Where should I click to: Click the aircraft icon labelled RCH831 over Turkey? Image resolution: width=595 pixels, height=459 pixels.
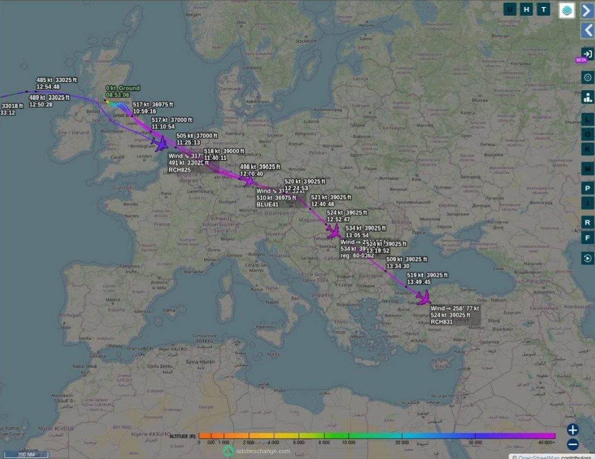[423, 297]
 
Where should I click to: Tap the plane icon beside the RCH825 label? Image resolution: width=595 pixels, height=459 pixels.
[160, 144]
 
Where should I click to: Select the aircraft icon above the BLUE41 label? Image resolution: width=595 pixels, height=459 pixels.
[249, 181]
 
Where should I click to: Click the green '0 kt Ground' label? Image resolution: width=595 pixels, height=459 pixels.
[123, 88]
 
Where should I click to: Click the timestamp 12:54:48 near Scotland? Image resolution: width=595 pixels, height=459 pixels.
[48, 87]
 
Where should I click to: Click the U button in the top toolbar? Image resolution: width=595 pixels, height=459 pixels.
[510, 9]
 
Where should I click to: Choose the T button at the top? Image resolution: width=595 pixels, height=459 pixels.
[543, 9]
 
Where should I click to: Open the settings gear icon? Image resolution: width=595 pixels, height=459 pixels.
[587, 77]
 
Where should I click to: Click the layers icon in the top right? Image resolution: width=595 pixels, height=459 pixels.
[566, 10]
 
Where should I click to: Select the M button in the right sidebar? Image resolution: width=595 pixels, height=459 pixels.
[587, 169]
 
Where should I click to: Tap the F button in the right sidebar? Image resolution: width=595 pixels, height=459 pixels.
[587, 238]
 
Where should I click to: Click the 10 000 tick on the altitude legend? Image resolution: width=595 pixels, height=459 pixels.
[349, 442]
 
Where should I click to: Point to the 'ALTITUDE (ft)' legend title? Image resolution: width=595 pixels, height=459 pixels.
[183, 436]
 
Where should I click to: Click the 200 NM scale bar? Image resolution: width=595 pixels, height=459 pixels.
[26, 455]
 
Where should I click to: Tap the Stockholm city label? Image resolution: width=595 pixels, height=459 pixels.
[306, 41]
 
